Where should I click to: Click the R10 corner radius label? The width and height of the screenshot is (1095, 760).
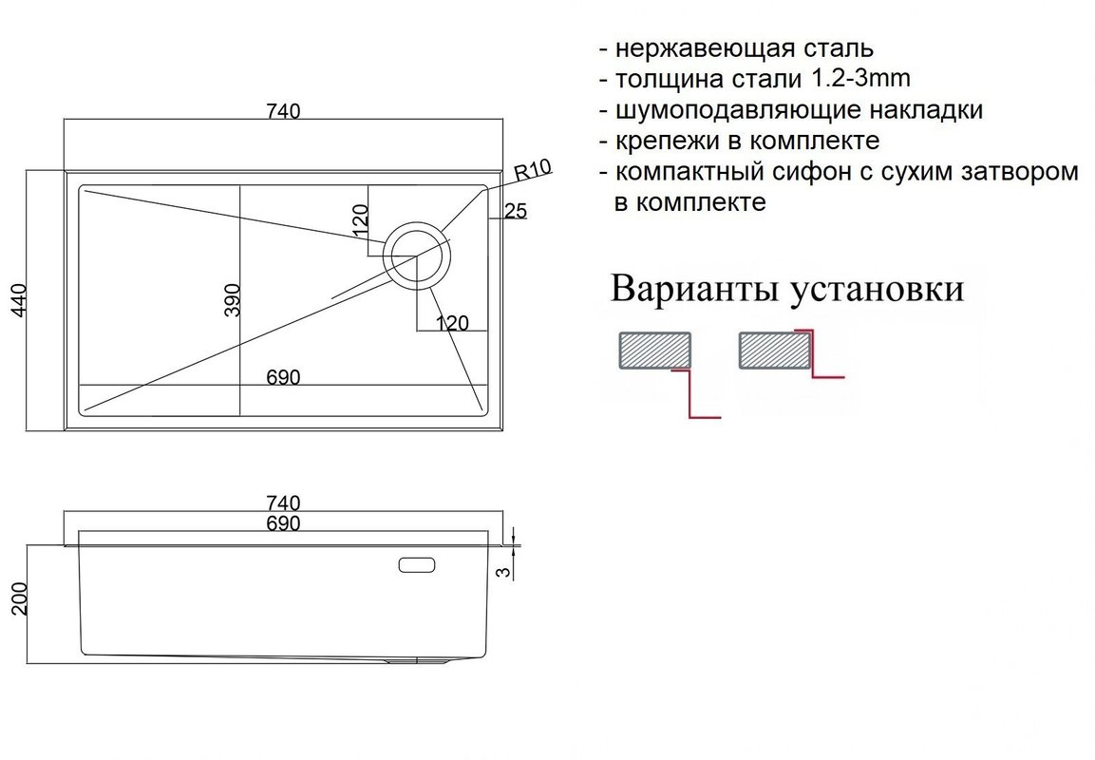[533, 169]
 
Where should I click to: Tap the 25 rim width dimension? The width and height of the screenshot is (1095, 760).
[516, 210]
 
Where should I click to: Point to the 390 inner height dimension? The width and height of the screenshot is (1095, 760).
[233, 299]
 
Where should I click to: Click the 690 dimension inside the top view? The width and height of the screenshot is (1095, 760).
[283, 377]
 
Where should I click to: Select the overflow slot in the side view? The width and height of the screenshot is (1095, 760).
[416, 564]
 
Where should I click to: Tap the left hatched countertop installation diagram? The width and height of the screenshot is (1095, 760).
[655, 350]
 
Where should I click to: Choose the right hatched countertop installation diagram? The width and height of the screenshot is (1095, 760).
[774, 350]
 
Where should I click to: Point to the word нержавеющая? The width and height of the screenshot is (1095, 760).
[703, 49]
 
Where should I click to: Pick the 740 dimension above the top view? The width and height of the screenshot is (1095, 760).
[283, 111]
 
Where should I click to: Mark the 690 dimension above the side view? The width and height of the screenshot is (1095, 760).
[283, 523]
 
